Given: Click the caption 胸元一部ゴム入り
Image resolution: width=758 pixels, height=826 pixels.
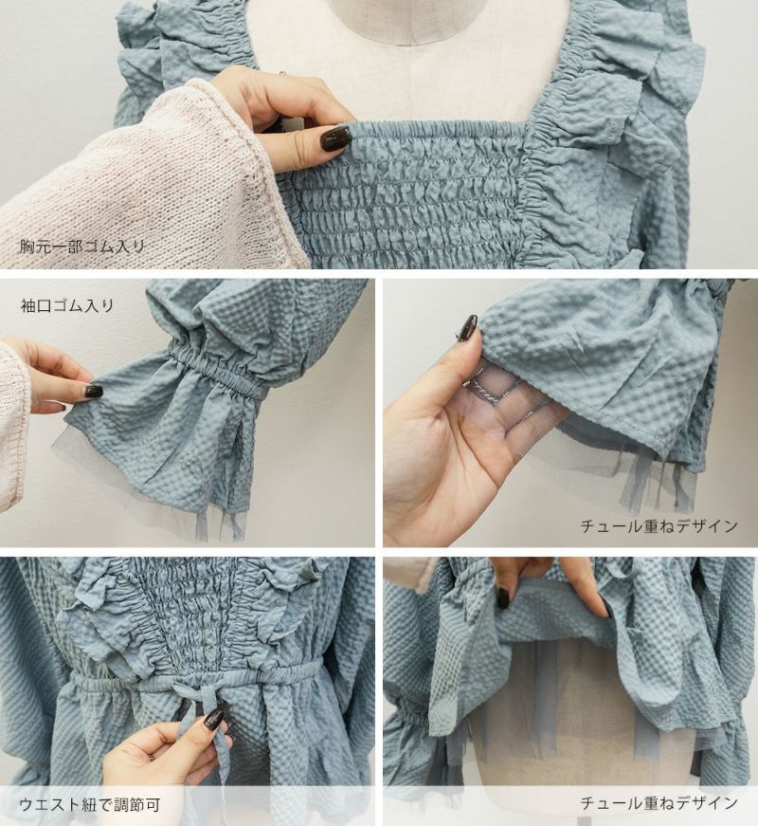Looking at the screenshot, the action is tap(82, 247).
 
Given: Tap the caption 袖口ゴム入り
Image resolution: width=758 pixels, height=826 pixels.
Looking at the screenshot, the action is tap(67, 305).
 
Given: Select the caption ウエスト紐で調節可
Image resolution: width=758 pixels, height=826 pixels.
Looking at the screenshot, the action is tap(89, 805).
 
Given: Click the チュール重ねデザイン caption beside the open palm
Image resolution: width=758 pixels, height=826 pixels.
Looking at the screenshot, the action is tap(659, 525).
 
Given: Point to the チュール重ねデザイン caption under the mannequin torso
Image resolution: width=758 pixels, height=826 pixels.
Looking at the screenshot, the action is tap(659, 803).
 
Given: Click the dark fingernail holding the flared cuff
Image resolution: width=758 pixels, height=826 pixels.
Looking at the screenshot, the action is tap(93, 393).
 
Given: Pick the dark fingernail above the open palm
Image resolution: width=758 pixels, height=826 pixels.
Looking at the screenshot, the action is tap(468, 327).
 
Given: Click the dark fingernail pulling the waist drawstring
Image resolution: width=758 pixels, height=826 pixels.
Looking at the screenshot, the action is tap(212, 720).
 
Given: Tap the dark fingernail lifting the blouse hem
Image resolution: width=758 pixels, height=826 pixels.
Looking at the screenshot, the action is tap(503, 596).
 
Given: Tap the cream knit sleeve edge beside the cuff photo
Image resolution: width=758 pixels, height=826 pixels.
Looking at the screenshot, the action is tap(16, 421).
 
